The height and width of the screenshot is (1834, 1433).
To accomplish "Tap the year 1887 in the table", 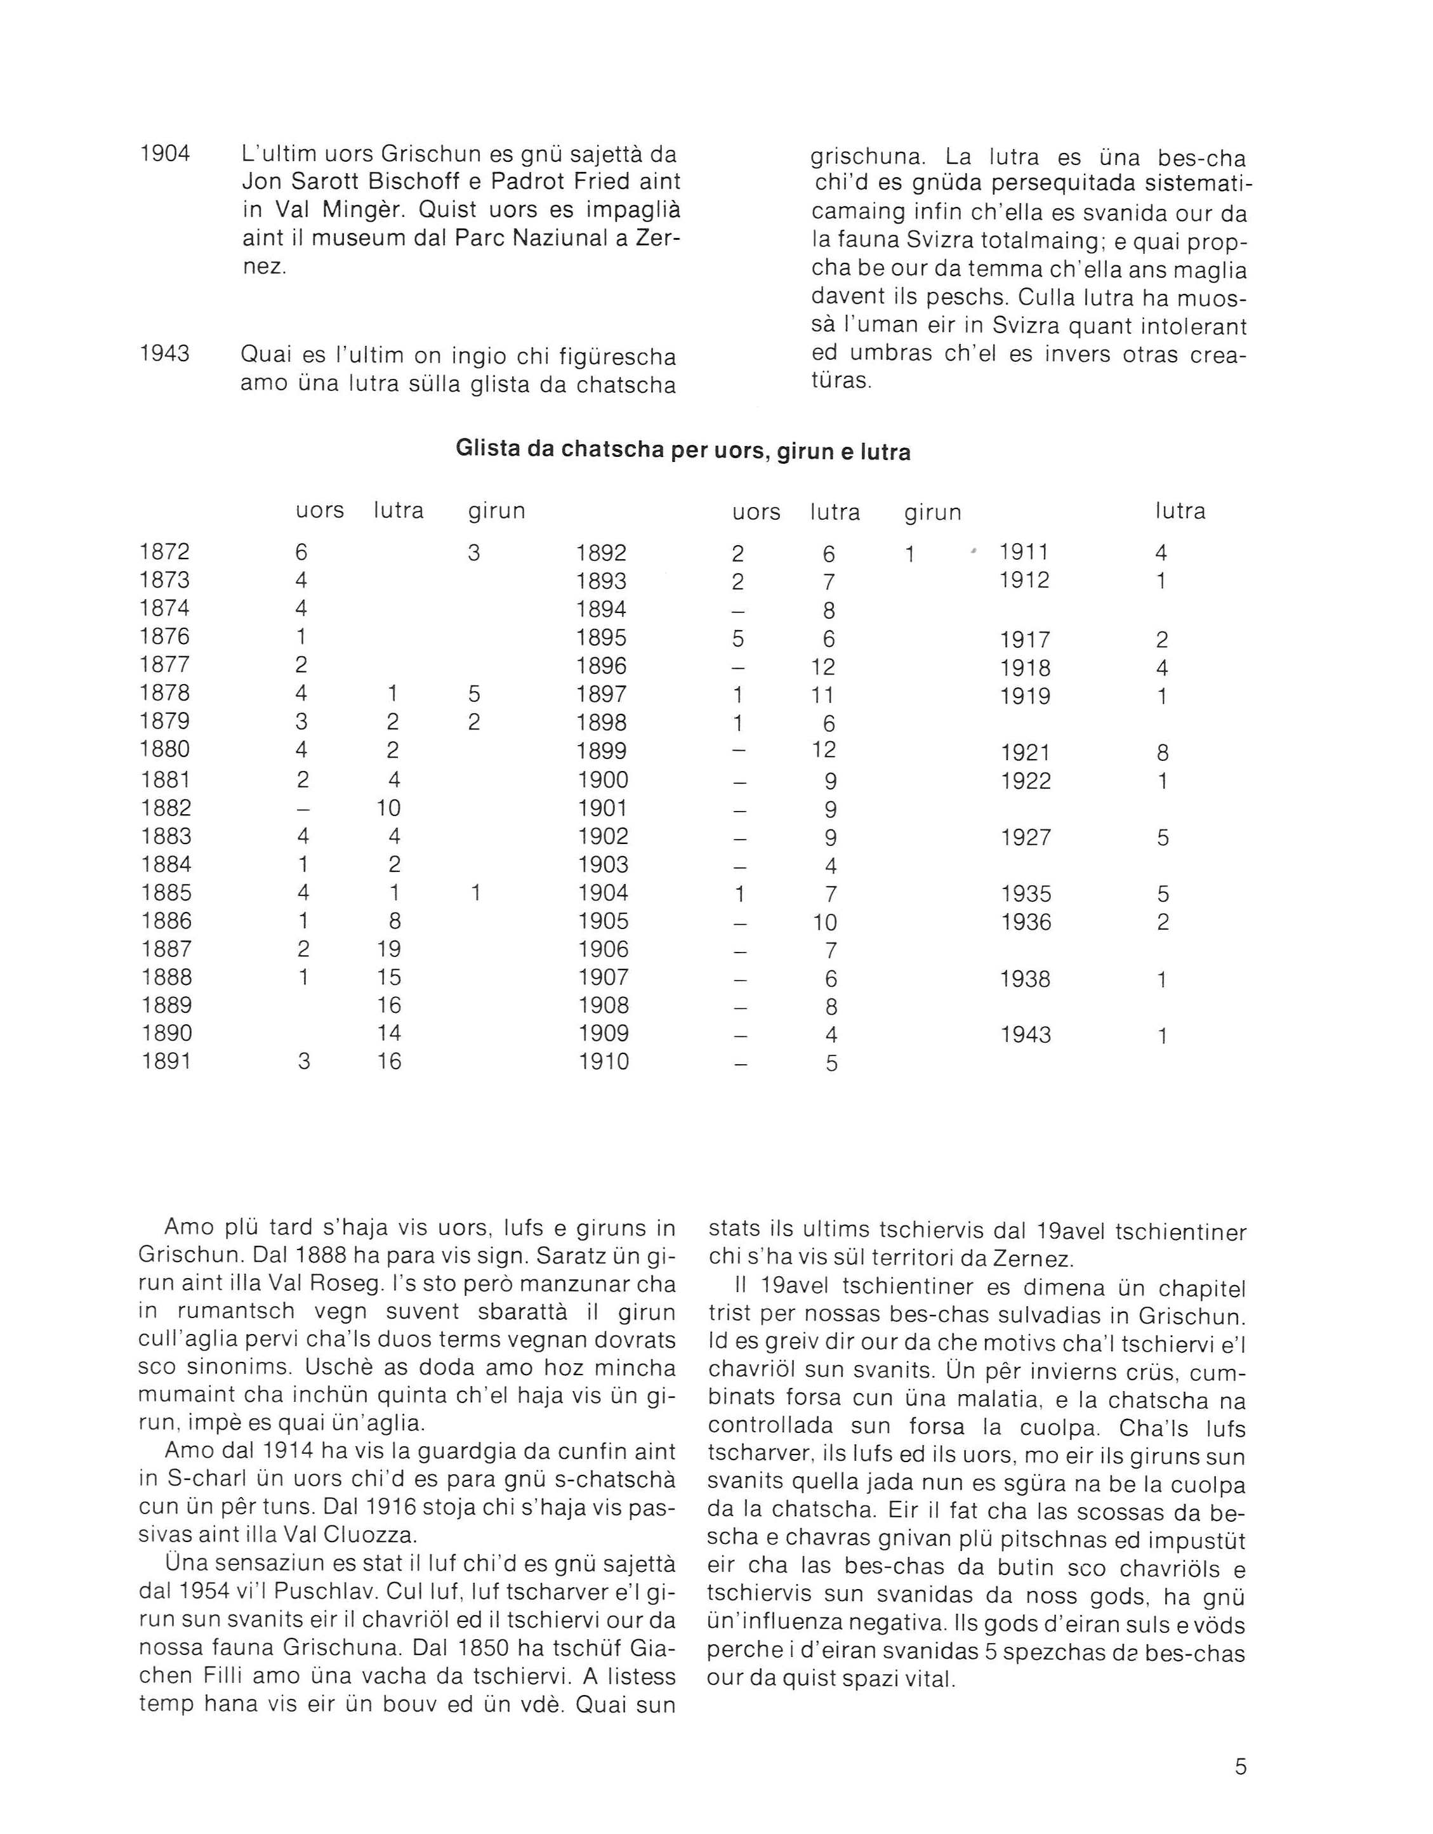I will click(x=166, y=949).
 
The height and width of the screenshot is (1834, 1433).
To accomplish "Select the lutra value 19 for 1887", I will click(x=389, y=949).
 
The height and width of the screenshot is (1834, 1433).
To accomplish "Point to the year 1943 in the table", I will click(x=1026, y=1034).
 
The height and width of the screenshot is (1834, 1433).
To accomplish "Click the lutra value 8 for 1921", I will click(x=1161, y=753).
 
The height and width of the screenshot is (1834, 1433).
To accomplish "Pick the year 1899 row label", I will click(x=602, y=751).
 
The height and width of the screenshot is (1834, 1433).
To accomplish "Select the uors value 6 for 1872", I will click(x=301, y=551).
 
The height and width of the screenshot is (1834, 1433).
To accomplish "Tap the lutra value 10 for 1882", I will click(x=388, y=808).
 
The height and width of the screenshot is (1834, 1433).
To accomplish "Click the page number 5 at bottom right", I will click(x=1241, y=1766).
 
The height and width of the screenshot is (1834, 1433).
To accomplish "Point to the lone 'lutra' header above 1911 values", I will click(x=1180, y=511).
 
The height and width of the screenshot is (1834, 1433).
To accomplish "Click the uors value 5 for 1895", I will click(x=737, y=639).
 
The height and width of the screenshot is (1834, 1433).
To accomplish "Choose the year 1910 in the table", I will click(x=603, y=1062).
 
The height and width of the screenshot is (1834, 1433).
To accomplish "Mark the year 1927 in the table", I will click(x=1026, y=837).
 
